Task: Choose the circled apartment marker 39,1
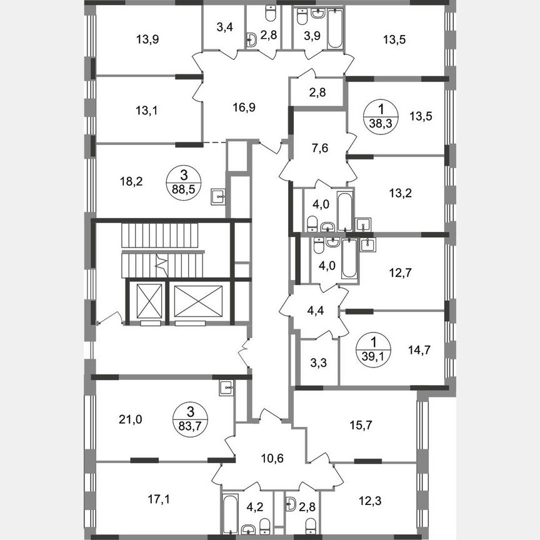pyautogui.click(x=373, y=347)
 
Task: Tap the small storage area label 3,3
pyautogui.click(x=316, y=362)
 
